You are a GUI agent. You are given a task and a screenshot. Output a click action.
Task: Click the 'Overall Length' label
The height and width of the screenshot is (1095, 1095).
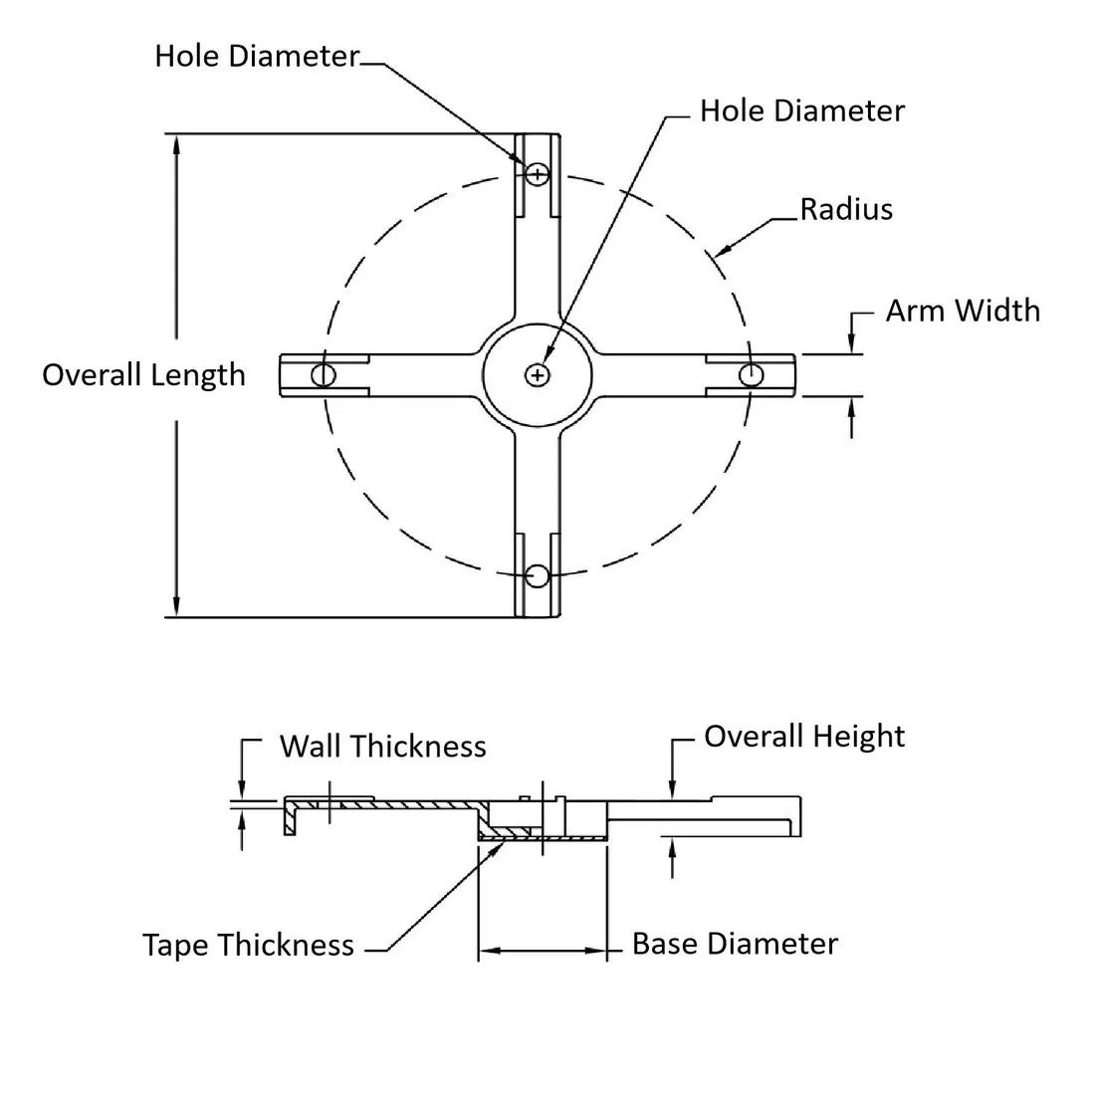click(x=143, y=375)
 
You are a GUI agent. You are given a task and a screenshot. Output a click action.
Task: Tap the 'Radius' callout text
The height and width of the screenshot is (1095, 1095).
click(x=846, y=210)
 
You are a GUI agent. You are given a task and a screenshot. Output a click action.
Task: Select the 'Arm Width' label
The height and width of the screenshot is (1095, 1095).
click(x=963, y=311)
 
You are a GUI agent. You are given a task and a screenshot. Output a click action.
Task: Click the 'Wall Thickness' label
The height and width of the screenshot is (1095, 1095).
click(x=382, y=747)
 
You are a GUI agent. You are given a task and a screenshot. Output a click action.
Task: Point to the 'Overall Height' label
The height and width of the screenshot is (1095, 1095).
click(x=804, y=737)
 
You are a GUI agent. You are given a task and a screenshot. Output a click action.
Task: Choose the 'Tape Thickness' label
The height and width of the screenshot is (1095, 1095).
click(x=248, y=945)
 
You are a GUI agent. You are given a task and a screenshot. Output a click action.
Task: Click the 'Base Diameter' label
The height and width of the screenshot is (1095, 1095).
click(x=735, y=944)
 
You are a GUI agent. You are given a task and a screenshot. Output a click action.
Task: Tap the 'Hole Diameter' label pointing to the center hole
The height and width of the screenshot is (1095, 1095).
click(x=802, y=110)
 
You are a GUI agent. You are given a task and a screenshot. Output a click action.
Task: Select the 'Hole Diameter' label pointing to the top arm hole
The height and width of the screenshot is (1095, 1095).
click(x=256, y=56)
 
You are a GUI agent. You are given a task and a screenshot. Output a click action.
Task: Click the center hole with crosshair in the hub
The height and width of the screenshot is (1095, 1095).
click(x=538, y=374)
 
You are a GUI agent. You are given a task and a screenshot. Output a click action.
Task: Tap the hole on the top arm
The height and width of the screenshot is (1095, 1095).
click(x=538, y=174)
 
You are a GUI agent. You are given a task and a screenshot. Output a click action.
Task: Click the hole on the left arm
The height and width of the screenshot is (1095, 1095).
click(x=324, y=374)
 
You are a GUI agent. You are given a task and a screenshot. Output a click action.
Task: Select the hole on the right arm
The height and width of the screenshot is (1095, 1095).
click(x=752, y=374)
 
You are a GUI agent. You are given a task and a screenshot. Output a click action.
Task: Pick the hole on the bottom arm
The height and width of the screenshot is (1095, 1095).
click(x=538, y=575)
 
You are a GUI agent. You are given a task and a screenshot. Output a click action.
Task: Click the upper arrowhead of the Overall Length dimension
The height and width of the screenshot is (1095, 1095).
click(x=177, y=142)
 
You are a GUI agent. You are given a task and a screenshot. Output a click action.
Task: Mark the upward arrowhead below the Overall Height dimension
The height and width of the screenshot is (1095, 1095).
click(x=673, y=846)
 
